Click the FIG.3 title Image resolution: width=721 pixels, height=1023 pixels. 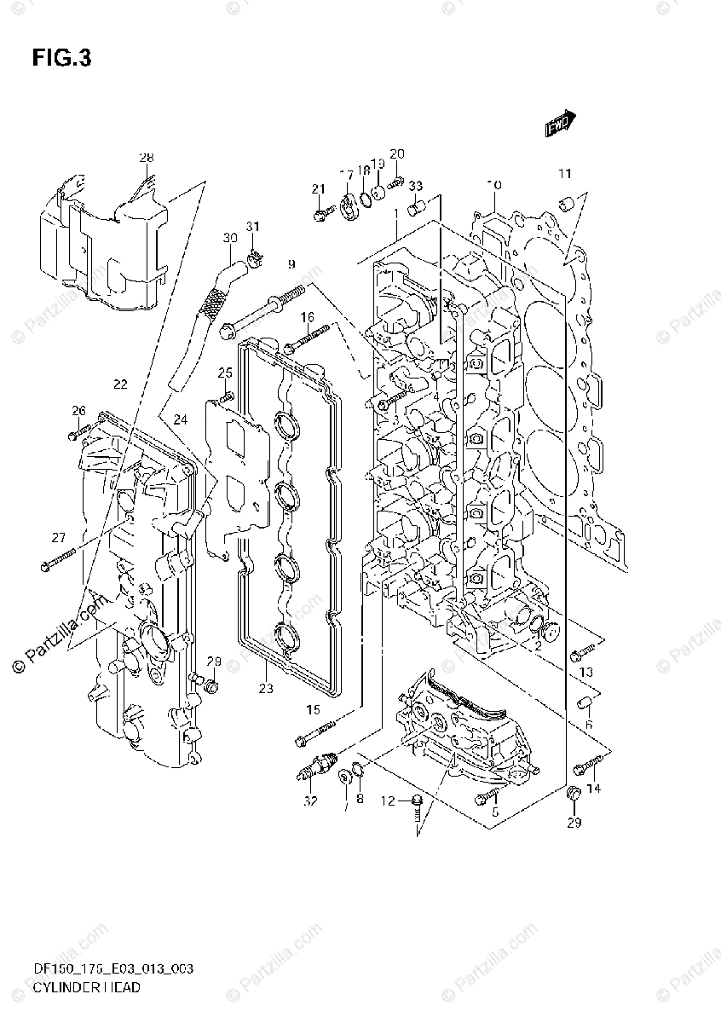click(x=61, y=58)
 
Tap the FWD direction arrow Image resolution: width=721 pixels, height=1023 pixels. click(x=561, y=124)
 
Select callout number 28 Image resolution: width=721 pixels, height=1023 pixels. click(x=147, y=158)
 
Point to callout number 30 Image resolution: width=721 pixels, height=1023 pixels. click(x=228, y=237)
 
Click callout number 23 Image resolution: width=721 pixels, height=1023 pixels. click(x=266, y=689)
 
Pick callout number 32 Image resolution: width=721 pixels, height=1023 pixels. click(x=310, y=800)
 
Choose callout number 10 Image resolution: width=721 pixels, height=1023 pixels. click(x=494, y=185)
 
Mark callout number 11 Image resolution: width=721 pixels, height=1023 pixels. click(x=564, y=174)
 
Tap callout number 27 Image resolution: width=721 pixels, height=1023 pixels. click(x=58, y=537)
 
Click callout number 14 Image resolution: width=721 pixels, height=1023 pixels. click(x=593, y=789)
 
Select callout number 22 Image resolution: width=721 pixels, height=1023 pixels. click(x=121, y=384)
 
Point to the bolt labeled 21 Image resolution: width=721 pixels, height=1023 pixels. click(x=320, y=214)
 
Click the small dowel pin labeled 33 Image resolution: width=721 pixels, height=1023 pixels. click(x=418, y=206)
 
